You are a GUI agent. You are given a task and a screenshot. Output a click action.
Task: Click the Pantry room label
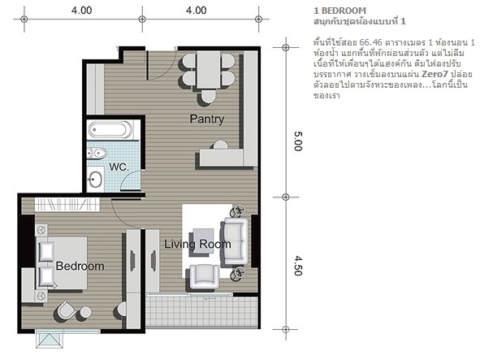coord(207,119)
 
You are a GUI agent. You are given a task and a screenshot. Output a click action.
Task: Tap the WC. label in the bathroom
coord(119,167)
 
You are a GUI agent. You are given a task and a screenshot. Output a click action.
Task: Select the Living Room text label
coord(197,244)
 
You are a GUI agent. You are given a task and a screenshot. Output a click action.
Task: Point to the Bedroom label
coord(80,266)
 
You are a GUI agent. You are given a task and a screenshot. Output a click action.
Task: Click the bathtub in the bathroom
coord(110,129)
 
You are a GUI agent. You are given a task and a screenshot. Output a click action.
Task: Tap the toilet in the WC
coord(97,153)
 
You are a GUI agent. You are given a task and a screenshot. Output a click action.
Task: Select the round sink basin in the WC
coord(95,178)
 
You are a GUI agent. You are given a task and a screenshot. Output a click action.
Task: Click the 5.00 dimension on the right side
coord(298,141)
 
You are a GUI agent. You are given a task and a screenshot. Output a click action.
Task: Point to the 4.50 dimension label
coord(298,266)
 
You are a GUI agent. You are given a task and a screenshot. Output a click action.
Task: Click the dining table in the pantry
coord(208,70)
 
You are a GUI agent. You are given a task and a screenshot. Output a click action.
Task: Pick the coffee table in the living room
coord(203,241)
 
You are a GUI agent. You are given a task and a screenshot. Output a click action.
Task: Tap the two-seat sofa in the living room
coord(235,241)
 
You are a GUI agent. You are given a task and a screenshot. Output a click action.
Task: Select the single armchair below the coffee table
coord(204,276)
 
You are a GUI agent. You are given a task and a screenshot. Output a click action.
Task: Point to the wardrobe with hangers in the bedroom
coord(67,204)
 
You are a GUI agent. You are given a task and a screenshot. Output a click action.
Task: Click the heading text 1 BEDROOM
coord(339,11)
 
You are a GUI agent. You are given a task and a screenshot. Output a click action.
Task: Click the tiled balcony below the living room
coord(201,311)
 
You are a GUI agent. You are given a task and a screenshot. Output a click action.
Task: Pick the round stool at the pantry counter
coord(220,145)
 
